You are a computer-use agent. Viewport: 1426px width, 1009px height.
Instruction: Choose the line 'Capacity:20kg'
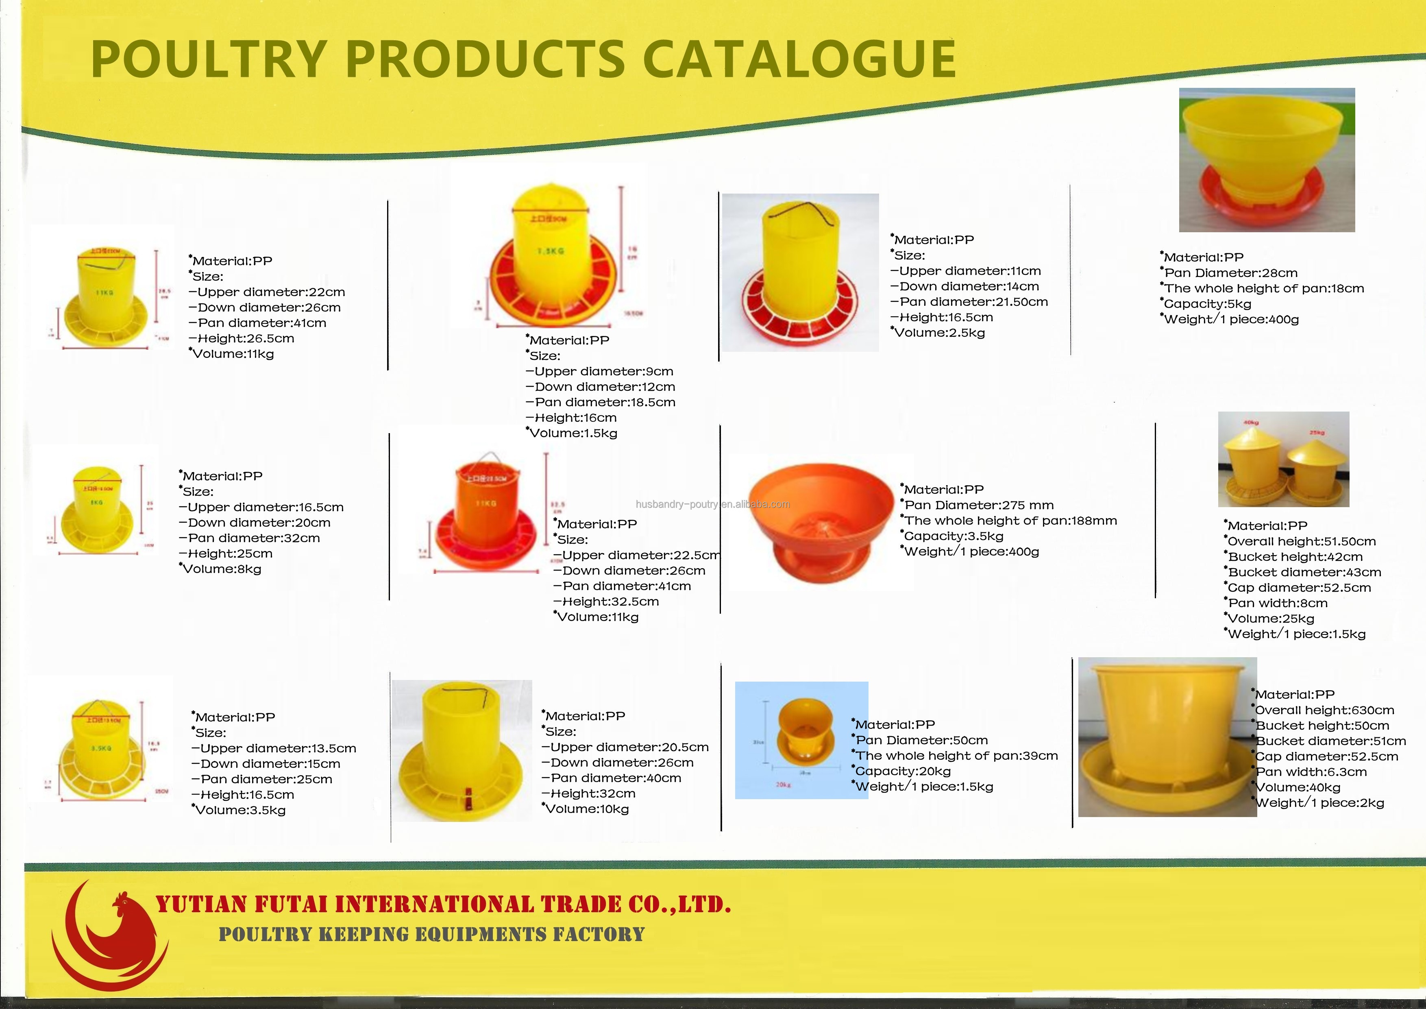[903, 771]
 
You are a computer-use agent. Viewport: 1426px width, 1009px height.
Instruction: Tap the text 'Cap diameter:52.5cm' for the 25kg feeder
[1299, 588]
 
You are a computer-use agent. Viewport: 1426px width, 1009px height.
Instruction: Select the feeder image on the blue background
[801, 739]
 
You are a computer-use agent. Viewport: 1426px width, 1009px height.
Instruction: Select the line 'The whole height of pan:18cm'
[1264, 288]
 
